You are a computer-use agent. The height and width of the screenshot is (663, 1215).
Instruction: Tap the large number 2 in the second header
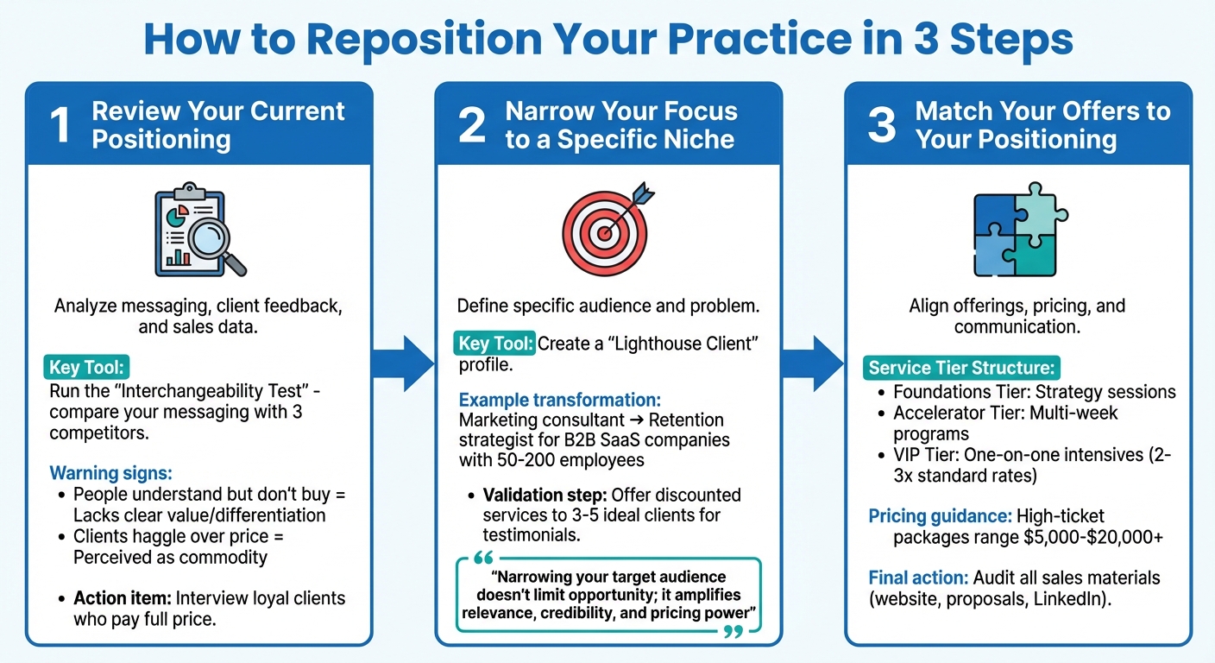click(471, 124)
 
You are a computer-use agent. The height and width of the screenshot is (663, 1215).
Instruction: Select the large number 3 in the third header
click(881, 124)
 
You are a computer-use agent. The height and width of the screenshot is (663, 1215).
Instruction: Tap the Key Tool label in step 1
click(89, 369)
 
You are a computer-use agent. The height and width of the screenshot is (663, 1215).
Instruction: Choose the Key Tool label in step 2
click(495, 344)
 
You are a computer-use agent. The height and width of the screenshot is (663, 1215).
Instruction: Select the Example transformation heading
click(560, 400)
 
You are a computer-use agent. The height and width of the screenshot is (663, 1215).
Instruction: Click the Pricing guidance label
click(940, 516)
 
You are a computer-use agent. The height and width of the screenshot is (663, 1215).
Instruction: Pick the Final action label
click(918, 578)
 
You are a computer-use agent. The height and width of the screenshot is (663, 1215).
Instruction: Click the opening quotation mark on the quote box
click(483, 559)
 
